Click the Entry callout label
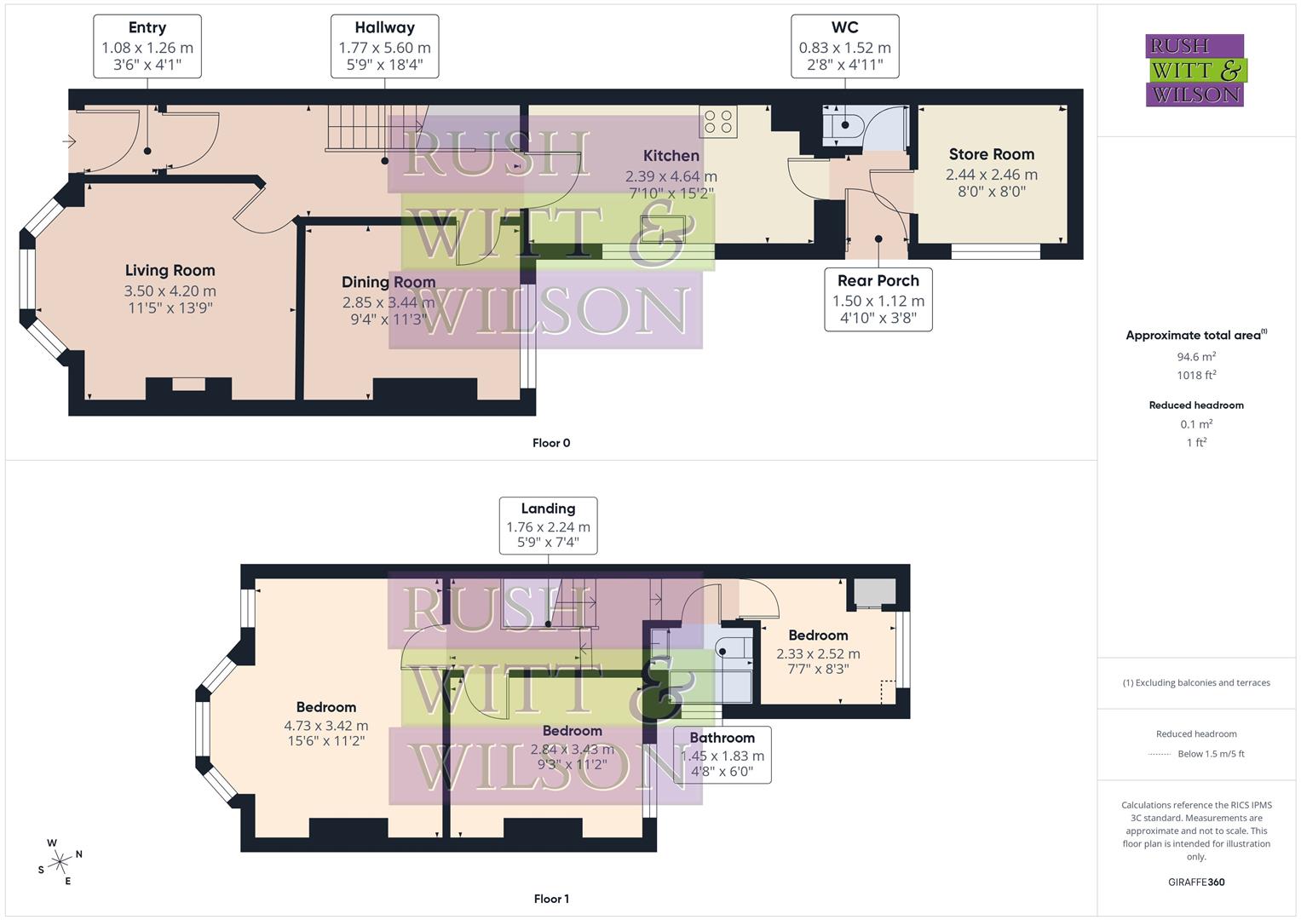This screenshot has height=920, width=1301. [147, 47]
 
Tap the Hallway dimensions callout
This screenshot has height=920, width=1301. [384, 47]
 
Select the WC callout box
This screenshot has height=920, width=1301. [844, 47]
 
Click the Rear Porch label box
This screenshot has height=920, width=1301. [878, 300]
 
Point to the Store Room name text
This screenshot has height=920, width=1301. [991, 154]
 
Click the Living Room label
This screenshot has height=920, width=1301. [170, 271]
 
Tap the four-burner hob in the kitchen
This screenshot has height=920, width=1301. [717, 122]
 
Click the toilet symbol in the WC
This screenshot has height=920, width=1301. [843, 125]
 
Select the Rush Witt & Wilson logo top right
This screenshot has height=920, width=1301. [1195, 70]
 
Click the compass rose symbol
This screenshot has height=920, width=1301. [60, 862]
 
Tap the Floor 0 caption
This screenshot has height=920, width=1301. [551, 443]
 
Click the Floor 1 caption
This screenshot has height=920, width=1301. [551, 899]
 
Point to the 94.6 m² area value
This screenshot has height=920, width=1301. [1196, 357]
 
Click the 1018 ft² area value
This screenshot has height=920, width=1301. [1196, 375]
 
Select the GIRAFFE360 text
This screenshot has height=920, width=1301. [1196, 882]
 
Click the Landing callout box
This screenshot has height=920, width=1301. [548, 526]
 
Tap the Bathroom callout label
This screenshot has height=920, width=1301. [722, 755]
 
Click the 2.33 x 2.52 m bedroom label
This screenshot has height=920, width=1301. [818, 653]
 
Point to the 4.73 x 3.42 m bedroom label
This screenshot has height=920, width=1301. [325, 725]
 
